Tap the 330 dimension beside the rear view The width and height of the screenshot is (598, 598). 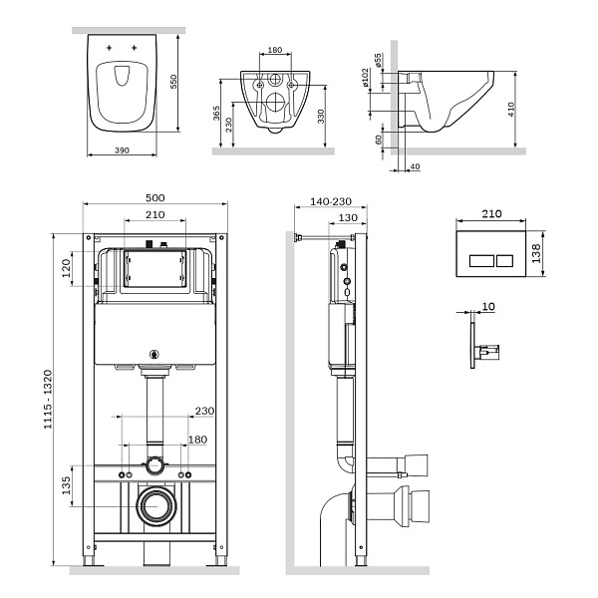(320, 117)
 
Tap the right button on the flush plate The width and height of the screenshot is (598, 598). (502, 261)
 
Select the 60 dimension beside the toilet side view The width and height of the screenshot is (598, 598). (380, 141)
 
